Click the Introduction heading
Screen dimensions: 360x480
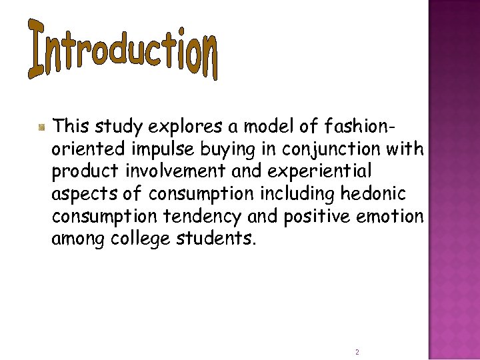pyautogui.click(x=124, y=49)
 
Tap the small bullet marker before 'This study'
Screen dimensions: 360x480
pyautogui.click(x=41, y=126)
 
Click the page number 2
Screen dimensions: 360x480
pyautogui.click(x=357, y=351)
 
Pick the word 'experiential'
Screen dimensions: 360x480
pyautogui.click(x=322, y=170)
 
